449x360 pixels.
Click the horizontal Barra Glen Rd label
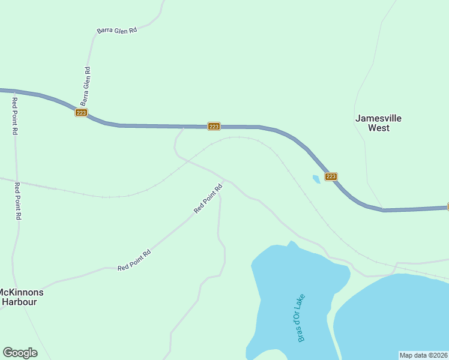point(117,30)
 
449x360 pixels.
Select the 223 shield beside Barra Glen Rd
point(82,112)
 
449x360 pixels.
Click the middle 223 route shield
point(214,126)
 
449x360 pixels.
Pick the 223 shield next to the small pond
point(331,176)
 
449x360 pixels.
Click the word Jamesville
point(378,118)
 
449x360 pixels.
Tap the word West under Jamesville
point(378,128)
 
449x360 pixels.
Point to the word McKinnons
point(22,292)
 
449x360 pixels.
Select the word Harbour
point(19,302)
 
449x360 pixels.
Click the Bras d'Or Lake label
point(301,318)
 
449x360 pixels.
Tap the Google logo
point(20,353)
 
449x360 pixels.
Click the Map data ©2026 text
point(423,355)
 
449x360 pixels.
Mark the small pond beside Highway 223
point(316,179)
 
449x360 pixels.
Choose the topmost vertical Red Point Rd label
point(14,115)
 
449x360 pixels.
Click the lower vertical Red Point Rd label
point(18,201)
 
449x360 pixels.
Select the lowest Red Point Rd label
point(134,260)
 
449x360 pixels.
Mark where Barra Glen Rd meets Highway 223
point(88,116)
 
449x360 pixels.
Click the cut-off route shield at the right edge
point(447,207)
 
